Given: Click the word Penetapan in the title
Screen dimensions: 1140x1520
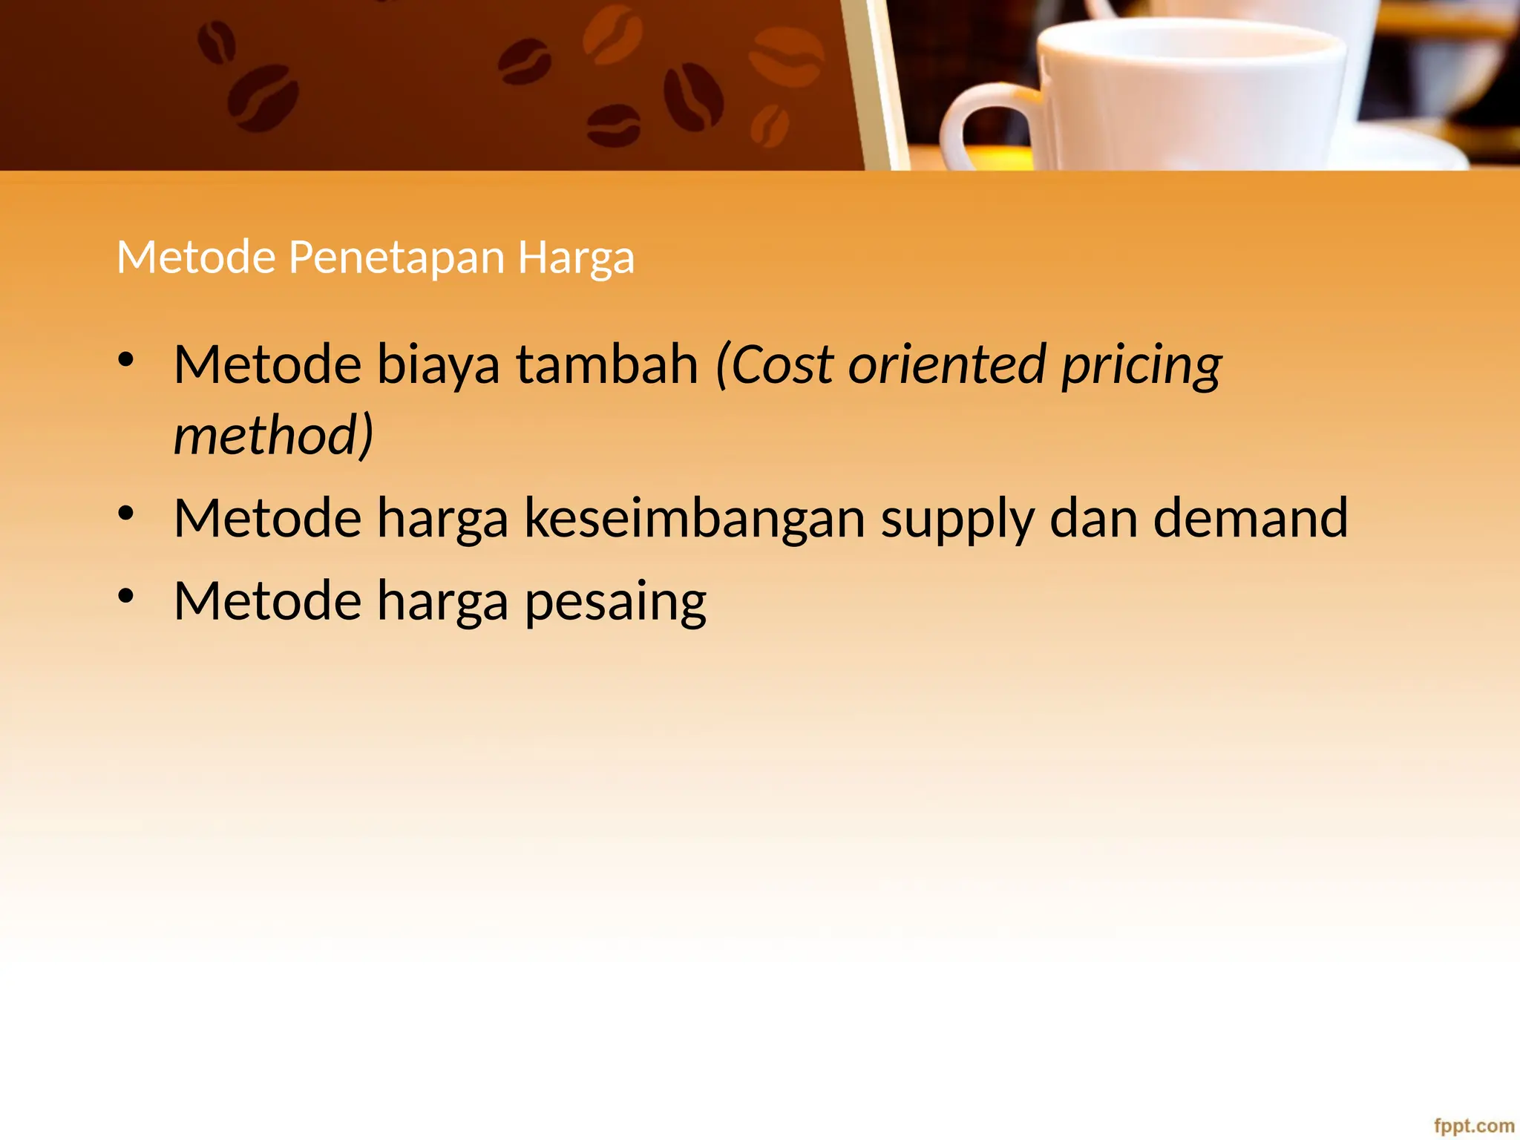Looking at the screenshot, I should tap(396, 258).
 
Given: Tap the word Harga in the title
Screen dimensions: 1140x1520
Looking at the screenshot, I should tap(576, 258).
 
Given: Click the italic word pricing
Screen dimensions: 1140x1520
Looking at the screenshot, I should tap(1141, 366).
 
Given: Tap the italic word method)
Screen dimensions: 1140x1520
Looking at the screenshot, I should tap(273, 435).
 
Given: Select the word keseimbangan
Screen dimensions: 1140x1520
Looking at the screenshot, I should tap(695, 518).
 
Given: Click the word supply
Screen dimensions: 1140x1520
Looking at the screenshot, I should tap(957, 520).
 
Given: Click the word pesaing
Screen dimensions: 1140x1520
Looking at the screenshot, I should tap(615, 602).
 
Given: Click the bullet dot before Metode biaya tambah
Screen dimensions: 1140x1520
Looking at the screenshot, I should tap(126, 361).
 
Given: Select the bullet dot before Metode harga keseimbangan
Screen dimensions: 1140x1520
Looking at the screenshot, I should tap(126, 514).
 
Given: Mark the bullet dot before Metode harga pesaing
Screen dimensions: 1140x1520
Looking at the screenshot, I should tap(126, 596).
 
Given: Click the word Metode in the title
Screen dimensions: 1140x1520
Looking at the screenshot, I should tap(196, 258).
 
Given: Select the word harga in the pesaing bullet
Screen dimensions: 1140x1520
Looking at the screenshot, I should tap(442, 602).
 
